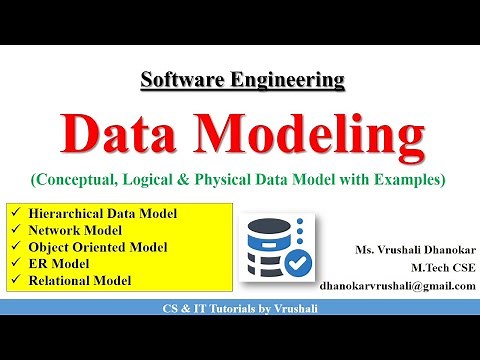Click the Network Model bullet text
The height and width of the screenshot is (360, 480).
tap(76, 230)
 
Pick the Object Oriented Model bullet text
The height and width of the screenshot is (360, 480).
tap(98, 247)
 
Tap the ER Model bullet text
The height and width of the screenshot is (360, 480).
tap(61, 264)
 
